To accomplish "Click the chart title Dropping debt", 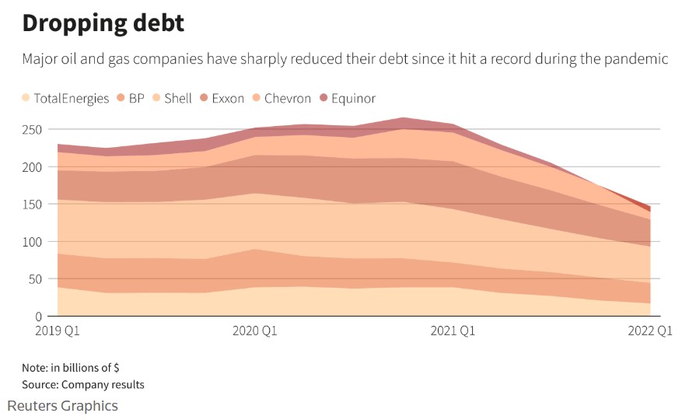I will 103,23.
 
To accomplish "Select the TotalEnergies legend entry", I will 66,98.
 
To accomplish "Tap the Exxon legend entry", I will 222,98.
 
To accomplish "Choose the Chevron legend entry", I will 282,98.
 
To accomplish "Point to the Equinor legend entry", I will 347,98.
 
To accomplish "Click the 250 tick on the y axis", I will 33,129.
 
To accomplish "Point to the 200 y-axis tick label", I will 33,166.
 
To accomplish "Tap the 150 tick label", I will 33,204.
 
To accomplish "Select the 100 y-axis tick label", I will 33,241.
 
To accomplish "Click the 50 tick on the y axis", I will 36,278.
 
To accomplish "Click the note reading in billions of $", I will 71,368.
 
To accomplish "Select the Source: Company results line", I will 82,384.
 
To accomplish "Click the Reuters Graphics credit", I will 63,406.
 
